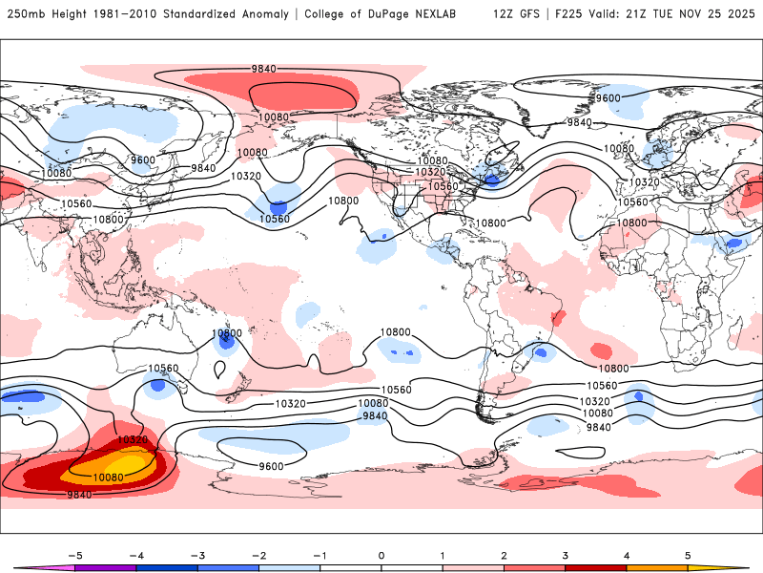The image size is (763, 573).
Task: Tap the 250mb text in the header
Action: coord(24,14)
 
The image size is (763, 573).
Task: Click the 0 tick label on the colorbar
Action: coord(381,554)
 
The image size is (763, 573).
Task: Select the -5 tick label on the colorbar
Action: coord(72,554)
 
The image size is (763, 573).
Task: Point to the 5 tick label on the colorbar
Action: coord(689,554)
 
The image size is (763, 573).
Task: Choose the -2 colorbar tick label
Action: coord(258,554)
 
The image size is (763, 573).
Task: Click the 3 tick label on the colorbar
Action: coord(566,554)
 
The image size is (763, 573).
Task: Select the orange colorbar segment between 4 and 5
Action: coord(658,567)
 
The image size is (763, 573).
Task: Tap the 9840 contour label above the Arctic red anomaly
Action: coord(265,69)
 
